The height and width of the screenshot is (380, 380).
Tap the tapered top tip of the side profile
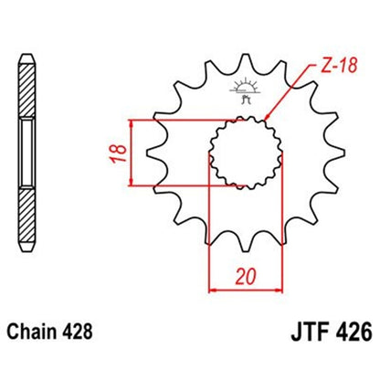point(28,38)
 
